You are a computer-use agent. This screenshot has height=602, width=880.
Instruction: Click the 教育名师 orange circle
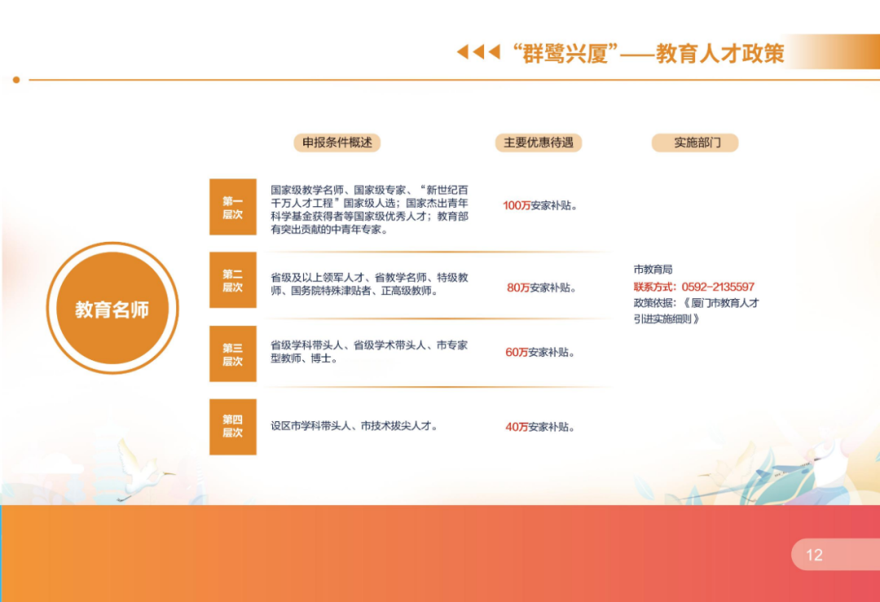112,308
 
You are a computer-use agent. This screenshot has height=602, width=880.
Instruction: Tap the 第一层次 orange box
233,207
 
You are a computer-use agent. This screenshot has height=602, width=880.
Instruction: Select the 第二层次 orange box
233,280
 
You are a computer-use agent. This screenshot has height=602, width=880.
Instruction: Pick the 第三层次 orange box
233,354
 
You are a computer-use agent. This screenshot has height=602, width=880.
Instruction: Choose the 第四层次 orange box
233,427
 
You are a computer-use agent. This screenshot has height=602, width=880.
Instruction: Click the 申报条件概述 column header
337,143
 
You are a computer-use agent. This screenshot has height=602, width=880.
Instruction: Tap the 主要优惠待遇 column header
539,143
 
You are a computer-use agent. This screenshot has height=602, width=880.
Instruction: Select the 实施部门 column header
695,143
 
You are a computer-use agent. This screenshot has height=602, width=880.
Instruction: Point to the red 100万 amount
517,205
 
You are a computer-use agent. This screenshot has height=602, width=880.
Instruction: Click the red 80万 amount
518,288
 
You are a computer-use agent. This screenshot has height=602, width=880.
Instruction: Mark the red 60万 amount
517,353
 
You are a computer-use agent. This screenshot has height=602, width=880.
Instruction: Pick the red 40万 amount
517,427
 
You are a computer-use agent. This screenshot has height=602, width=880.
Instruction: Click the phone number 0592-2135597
718,287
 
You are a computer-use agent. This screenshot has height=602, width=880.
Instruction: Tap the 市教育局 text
653,270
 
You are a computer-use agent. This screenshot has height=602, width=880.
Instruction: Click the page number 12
814,555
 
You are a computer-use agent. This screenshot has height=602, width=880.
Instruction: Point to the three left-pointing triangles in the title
478,52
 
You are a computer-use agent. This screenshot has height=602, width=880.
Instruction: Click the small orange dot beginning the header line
16,80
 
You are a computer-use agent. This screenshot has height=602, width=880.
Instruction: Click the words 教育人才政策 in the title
720,53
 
